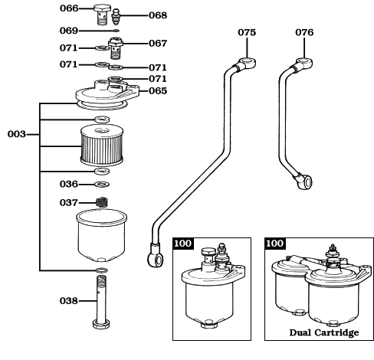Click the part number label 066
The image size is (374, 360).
[70, 9]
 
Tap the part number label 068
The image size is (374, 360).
[157, 15]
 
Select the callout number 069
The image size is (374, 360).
[70, 31]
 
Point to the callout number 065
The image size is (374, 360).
[156, 90]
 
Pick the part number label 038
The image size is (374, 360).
[70, 301]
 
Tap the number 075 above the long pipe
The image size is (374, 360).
[246, 32]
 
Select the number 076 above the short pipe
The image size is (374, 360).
[304, 32]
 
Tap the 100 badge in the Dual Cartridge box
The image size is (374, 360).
[274, 244]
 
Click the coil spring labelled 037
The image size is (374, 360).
[102, 203]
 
